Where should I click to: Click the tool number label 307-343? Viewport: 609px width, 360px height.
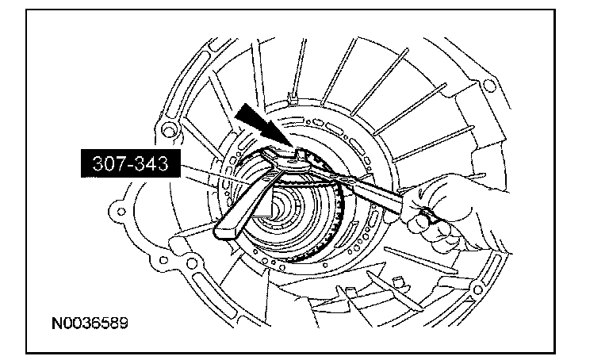[x=131, y=163]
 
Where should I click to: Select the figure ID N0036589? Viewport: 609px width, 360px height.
[x=90, y=323]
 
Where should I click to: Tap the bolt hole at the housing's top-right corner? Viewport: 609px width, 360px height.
[x=490, y=86]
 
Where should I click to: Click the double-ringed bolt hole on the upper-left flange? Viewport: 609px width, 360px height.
[x=169, y=130]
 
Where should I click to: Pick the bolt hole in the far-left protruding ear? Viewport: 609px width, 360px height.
[x=121, y=212]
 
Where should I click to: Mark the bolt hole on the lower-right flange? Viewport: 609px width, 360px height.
[x=477, y=289]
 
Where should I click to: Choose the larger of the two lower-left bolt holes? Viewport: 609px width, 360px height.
[x=191, y=264]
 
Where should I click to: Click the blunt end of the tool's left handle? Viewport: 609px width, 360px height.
[x=224, y=232]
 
